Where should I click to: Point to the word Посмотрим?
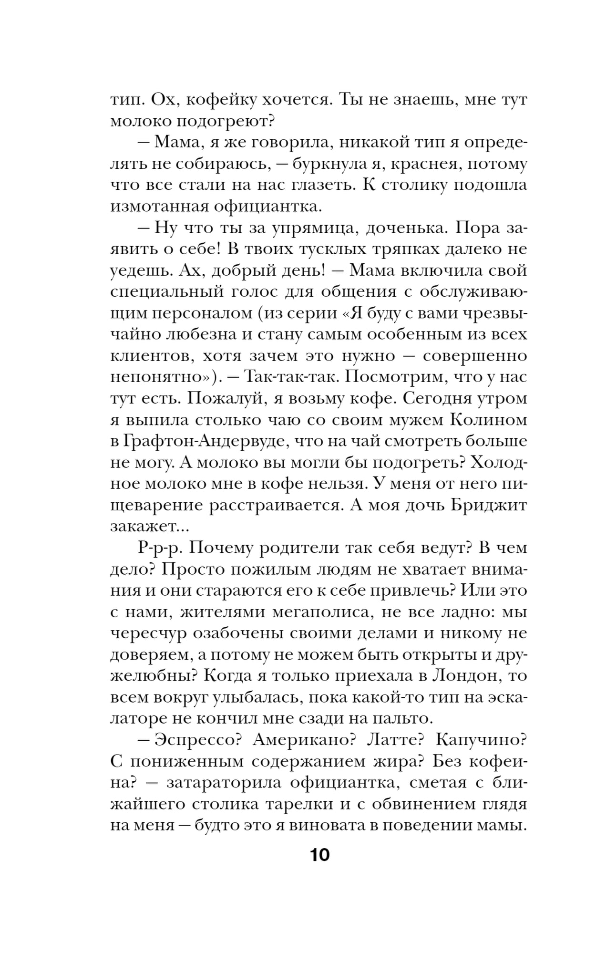point(385,377)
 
